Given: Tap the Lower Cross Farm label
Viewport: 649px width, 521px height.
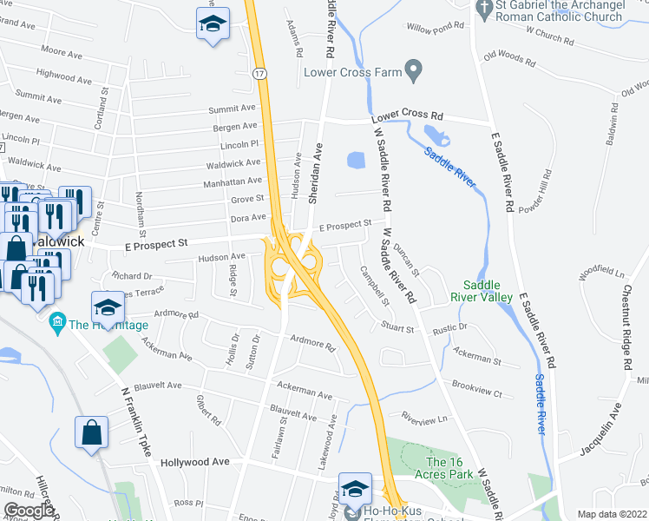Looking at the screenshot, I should [352, 72].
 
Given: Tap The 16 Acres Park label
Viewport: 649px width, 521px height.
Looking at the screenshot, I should [449, 468].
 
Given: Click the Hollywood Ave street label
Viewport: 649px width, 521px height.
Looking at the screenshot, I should [194, 462].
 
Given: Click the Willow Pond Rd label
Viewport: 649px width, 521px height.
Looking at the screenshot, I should [436, 30].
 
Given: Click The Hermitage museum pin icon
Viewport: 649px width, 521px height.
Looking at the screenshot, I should [58, 325].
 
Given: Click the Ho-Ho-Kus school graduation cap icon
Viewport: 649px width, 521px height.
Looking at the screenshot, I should [355, 490].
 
